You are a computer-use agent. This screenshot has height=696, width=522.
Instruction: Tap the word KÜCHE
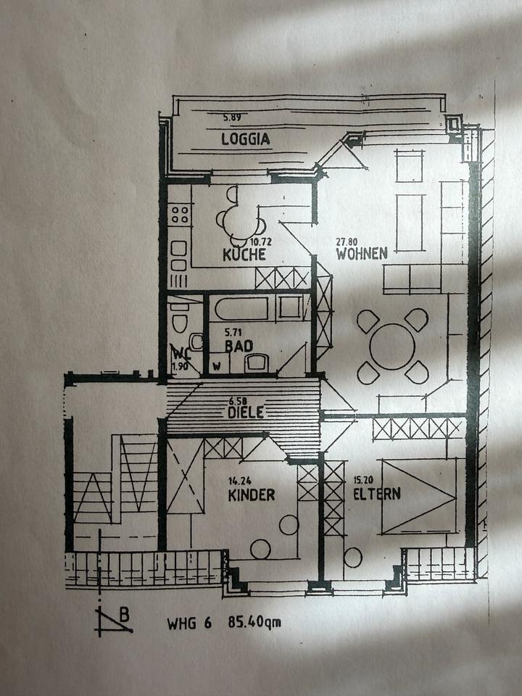click(244, 254)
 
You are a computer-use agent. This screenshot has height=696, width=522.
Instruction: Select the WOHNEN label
click(361, 254)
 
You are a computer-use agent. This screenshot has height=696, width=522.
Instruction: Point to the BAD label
click(238, 347)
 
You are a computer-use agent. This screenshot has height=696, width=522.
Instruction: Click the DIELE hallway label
click(245, 412)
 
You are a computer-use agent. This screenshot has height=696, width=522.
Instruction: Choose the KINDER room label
click(251, 495)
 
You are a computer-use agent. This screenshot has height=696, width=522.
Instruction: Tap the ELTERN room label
click(377, 495)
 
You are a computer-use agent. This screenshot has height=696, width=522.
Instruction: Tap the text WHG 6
click(189, 622)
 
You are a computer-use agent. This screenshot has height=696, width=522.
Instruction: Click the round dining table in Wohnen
click(392, 346)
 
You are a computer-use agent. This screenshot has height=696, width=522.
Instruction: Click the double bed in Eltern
click(419, 496)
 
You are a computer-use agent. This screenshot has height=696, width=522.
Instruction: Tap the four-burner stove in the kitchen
click(179, 214)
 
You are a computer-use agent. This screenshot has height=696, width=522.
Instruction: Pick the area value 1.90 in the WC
click(179, 366)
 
